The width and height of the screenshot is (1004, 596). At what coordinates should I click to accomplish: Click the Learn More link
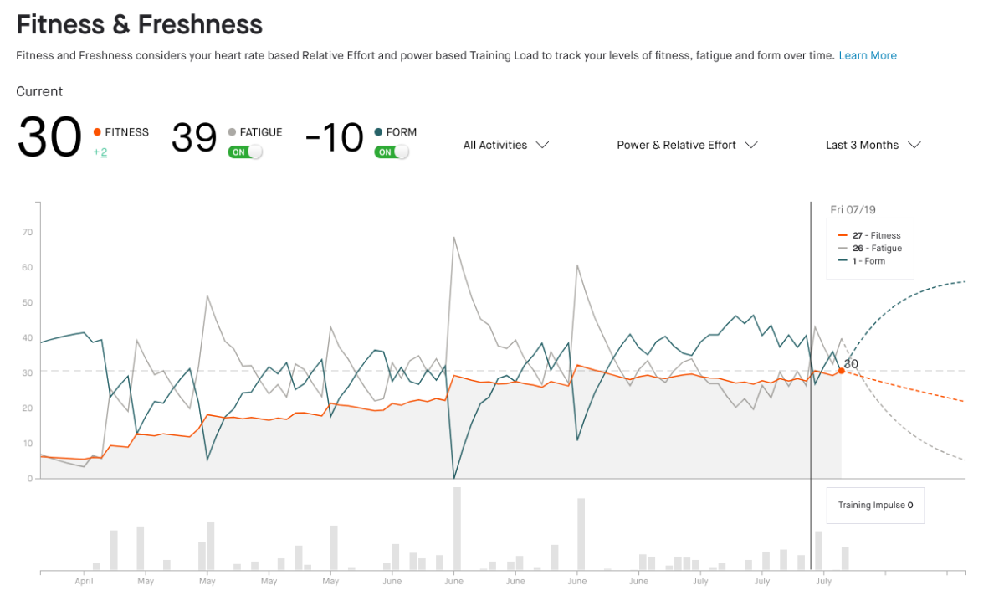868,55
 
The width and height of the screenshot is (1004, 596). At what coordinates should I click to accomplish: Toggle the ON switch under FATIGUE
245,152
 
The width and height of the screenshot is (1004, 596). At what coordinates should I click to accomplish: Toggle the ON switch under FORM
392,152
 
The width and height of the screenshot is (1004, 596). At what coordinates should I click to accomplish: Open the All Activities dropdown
506,145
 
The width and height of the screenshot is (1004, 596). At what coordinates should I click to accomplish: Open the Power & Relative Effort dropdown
687,145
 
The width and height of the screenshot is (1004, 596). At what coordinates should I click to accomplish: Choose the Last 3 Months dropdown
873,145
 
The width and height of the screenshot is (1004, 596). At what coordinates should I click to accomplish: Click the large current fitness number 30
50,137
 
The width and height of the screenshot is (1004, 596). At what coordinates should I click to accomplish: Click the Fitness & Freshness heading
140,25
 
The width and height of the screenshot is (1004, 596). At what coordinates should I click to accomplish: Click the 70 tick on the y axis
28,232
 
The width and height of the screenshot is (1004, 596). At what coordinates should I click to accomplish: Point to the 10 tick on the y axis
28,444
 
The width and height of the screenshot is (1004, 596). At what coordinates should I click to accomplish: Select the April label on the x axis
84,581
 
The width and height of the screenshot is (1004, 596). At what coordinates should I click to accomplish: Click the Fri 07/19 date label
853,210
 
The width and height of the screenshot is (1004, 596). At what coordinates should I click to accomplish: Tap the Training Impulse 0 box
875,506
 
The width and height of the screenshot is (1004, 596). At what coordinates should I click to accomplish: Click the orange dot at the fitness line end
841,370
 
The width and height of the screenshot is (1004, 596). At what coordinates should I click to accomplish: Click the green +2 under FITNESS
100,152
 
